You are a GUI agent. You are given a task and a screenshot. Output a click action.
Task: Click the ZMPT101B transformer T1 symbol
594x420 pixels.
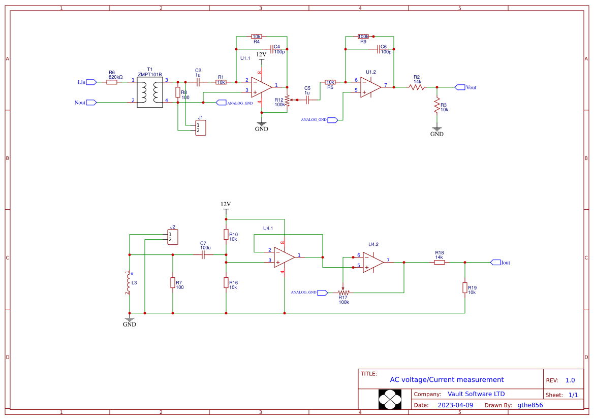click(x=149, y=92)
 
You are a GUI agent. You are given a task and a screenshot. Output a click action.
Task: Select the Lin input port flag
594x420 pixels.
click(x=91, y=82)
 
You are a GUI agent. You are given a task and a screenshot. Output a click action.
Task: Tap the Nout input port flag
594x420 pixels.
click(x=91, y=102)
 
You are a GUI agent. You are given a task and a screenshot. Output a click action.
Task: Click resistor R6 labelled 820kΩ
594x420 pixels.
click(x=112, y=82)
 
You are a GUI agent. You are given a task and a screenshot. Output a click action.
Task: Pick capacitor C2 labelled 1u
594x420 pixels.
click(x=198, y=82)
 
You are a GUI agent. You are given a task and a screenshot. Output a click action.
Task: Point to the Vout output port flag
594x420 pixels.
click(x=459, y=87)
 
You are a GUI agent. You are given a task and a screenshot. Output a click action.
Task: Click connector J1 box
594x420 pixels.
click(x=201, y=127)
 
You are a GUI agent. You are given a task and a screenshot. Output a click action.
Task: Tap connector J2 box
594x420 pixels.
click(x=173, y=237)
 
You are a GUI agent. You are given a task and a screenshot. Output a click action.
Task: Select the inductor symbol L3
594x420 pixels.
click(x=129, y=282)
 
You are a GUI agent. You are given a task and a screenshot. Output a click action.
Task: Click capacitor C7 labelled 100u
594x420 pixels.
click(x=203, y=255)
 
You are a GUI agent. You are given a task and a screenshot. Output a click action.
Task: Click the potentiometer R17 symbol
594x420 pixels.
click(x=344, y=293)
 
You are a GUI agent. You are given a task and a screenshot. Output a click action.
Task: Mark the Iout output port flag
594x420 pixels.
click(x=495, y=262)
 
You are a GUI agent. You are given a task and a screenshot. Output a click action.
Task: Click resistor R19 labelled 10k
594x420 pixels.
click(x=464, y=288)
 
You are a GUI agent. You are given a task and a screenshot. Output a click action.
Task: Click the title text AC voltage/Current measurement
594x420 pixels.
click(x=447, y=379)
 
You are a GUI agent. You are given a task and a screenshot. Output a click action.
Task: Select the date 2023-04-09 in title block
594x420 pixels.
click(x=455, y=405)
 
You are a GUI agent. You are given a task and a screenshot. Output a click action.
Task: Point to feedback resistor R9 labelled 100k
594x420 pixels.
click(x=363, y=37)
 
